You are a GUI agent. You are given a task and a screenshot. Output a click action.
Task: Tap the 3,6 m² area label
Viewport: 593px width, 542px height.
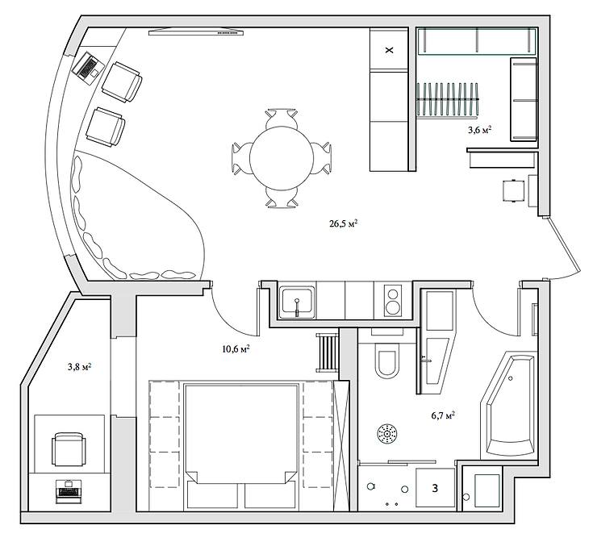click(479, 129)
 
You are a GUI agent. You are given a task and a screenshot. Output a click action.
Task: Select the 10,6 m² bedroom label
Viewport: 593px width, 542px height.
click(235, 349)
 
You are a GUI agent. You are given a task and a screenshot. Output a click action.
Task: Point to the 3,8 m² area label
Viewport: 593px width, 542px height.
click(78, 366)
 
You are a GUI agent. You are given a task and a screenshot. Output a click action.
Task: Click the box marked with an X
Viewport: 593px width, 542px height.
click(390, 51)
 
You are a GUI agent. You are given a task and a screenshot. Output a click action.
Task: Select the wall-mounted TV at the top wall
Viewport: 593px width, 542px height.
click(197, 31)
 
